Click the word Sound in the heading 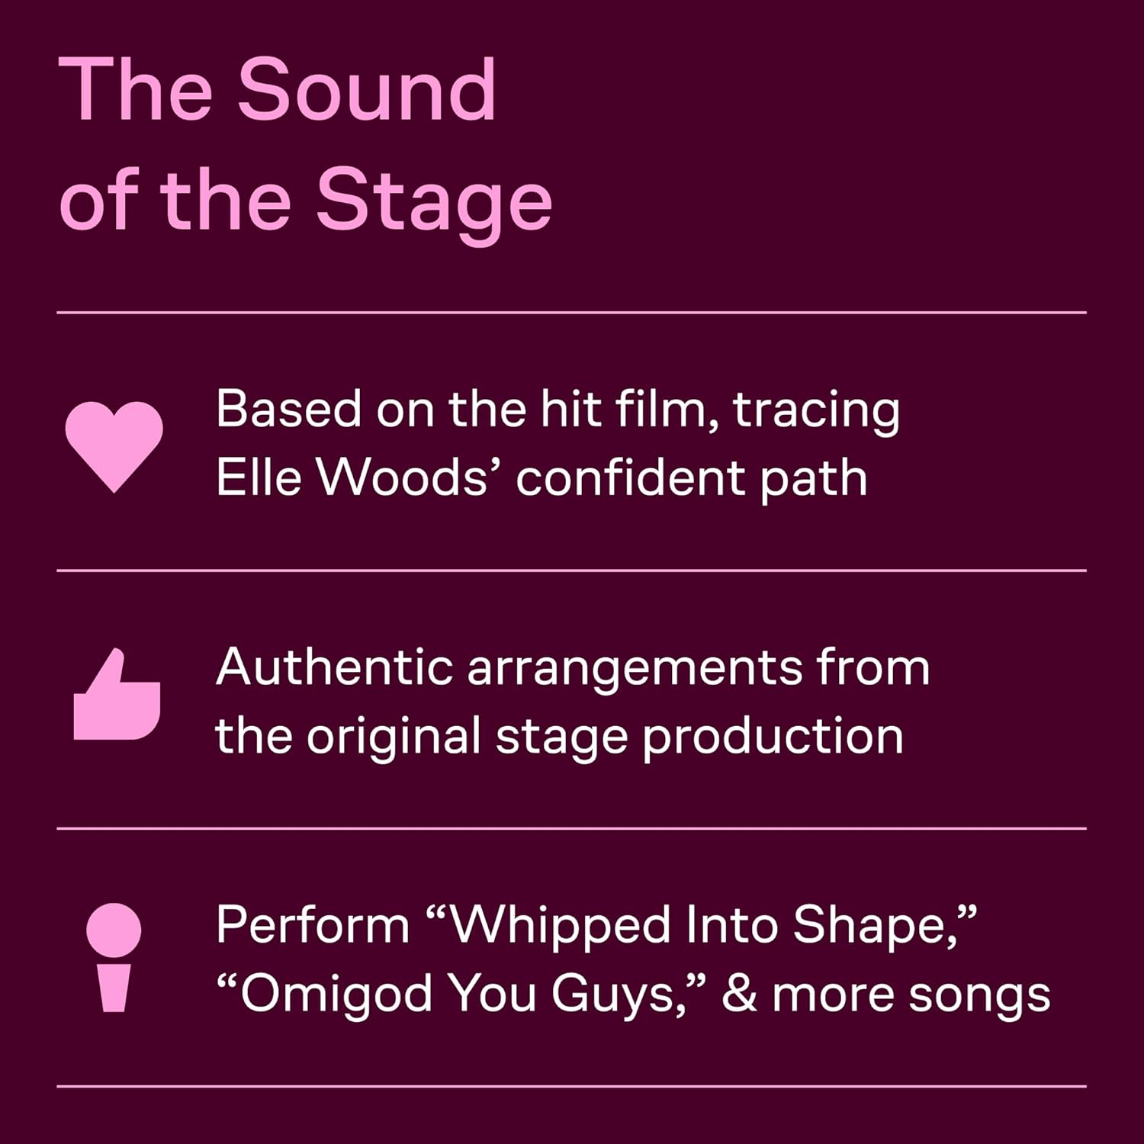pyautogui.click(x=367, y=90)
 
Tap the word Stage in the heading pyautogui.click(x=433, y=200)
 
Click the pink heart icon pyautogui.click(x=114, y=445)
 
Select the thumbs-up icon pyautogui.click(x=116, y=696)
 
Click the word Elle pyautogui.click(x=259, y=478)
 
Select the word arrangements pyautogui.click(x=635, y=669)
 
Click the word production pyautogui.click(x=773, y=737)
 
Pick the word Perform pyautogui.click(x=313, y=925)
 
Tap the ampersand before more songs pyautogui.click(x=739, y=994)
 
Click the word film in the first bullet pyautogui.click(x=665, y=410)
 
